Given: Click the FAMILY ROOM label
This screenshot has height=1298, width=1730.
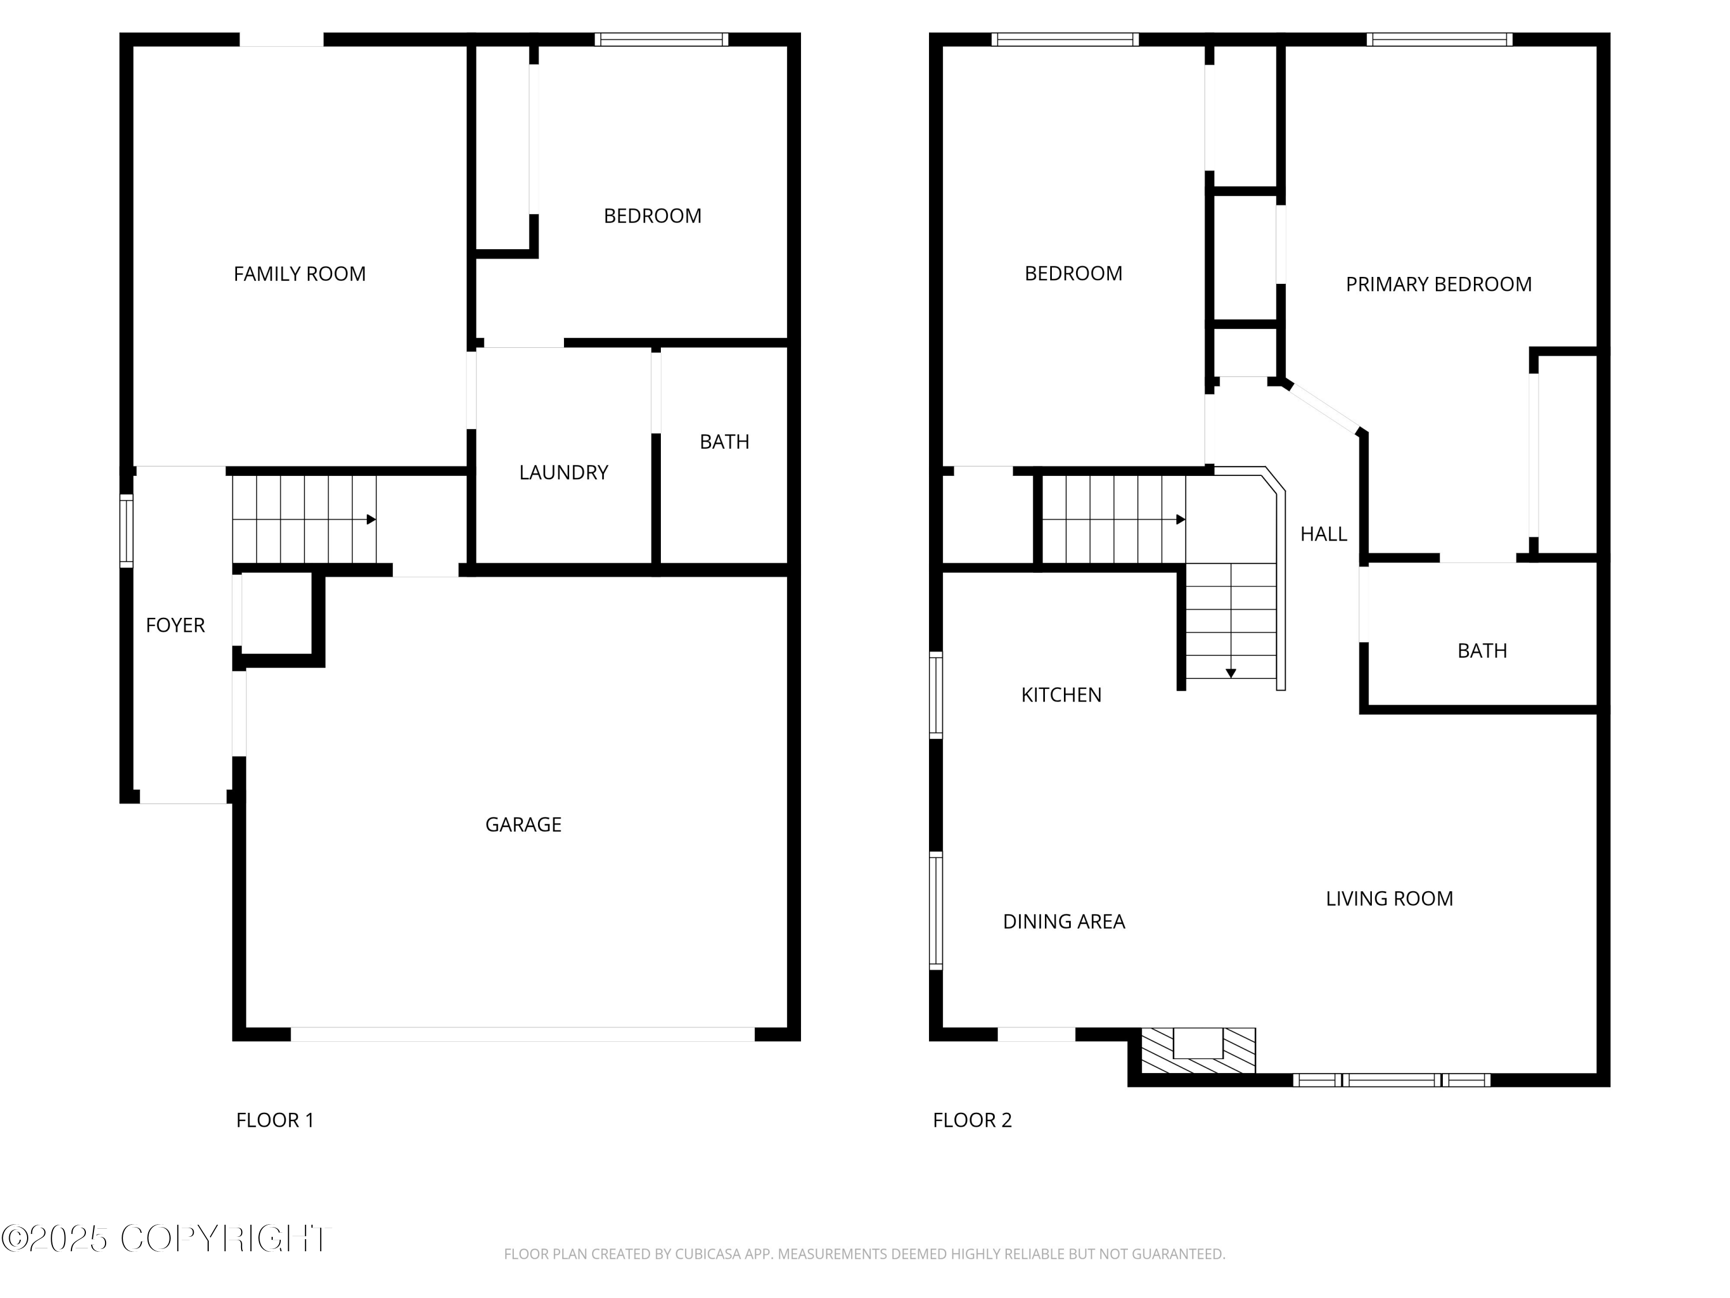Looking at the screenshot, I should [x=299, y=274].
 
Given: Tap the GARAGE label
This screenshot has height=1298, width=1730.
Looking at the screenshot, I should [x=523, y=824].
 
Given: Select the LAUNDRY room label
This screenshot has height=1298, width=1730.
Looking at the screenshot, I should [x=563, y=472].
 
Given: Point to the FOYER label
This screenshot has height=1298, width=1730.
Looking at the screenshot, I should [x=175, y=625].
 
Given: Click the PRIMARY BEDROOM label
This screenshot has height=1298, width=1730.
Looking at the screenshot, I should [x=1438, y=285].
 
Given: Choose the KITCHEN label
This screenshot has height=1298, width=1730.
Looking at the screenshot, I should [x=1060, y=695].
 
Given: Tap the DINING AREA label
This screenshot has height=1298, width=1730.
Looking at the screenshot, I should [x=1063, y=922].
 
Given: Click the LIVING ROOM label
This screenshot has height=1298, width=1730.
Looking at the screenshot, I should [x=1389, y=899].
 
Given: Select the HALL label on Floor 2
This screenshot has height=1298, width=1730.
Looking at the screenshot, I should [x=1323, y=534].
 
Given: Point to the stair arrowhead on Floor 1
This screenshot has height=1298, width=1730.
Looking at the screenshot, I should [x=371, y=520].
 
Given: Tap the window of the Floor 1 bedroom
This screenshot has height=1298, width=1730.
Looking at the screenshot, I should [x=661, y=39].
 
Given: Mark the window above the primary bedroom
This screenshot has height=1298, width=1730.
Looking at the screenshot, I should [x=1439, y=39].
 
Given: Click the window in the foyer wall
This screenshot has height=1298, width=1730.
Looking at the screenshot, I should [x=126, y=531].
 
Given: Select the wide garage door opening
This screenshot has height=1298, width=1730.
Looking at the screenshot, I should [x=522, y=1034].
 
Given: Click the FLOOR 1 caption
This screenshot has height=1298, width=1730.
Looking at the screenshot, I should [x=274, y=1120].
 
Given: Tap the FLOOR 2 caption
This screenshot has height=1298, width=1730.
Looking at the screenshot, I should [x=972, y=1120].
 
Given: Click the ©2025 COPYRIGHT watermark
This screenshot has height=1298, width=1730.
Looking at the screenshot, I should [x=166, y=1239].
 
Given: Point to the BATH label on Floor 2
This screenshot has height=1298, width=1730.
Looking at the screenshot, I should [x=1481, y=651].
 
